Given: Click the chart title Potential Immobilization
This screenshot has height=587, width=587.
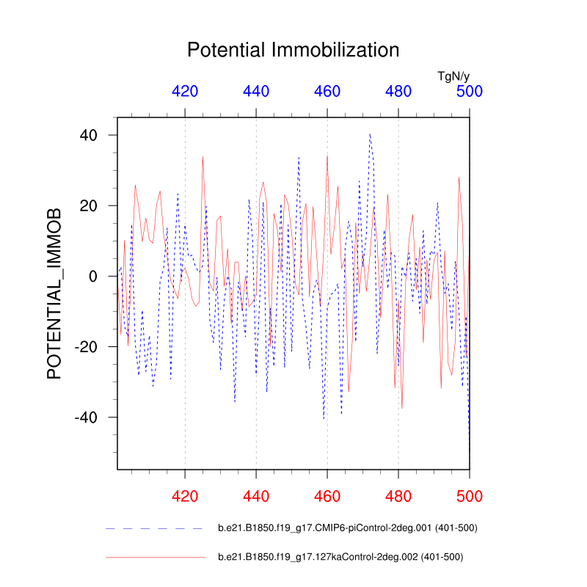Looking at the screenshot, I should point(293,50).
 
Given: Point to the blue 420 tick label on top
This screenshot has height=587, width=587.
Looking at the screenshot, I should point(185,91).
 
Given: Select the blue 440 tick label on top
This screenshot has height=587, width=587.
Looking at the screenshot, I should point(256,91).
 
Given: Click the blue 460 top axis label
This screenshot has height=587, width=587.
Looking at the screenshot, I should point(327,91).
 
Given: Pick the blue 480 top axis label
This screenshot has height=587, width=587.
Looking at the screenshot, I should point(398,91).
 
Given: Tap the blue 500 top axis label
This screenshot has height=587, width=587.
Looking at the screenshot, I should point(470,91).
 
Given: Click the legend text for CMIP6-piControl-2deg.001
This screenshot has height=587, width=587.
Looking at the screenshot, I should point(348,528).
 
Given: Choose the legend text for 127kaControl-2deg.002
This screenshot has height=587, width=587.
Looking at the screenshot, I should point(340,557).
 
